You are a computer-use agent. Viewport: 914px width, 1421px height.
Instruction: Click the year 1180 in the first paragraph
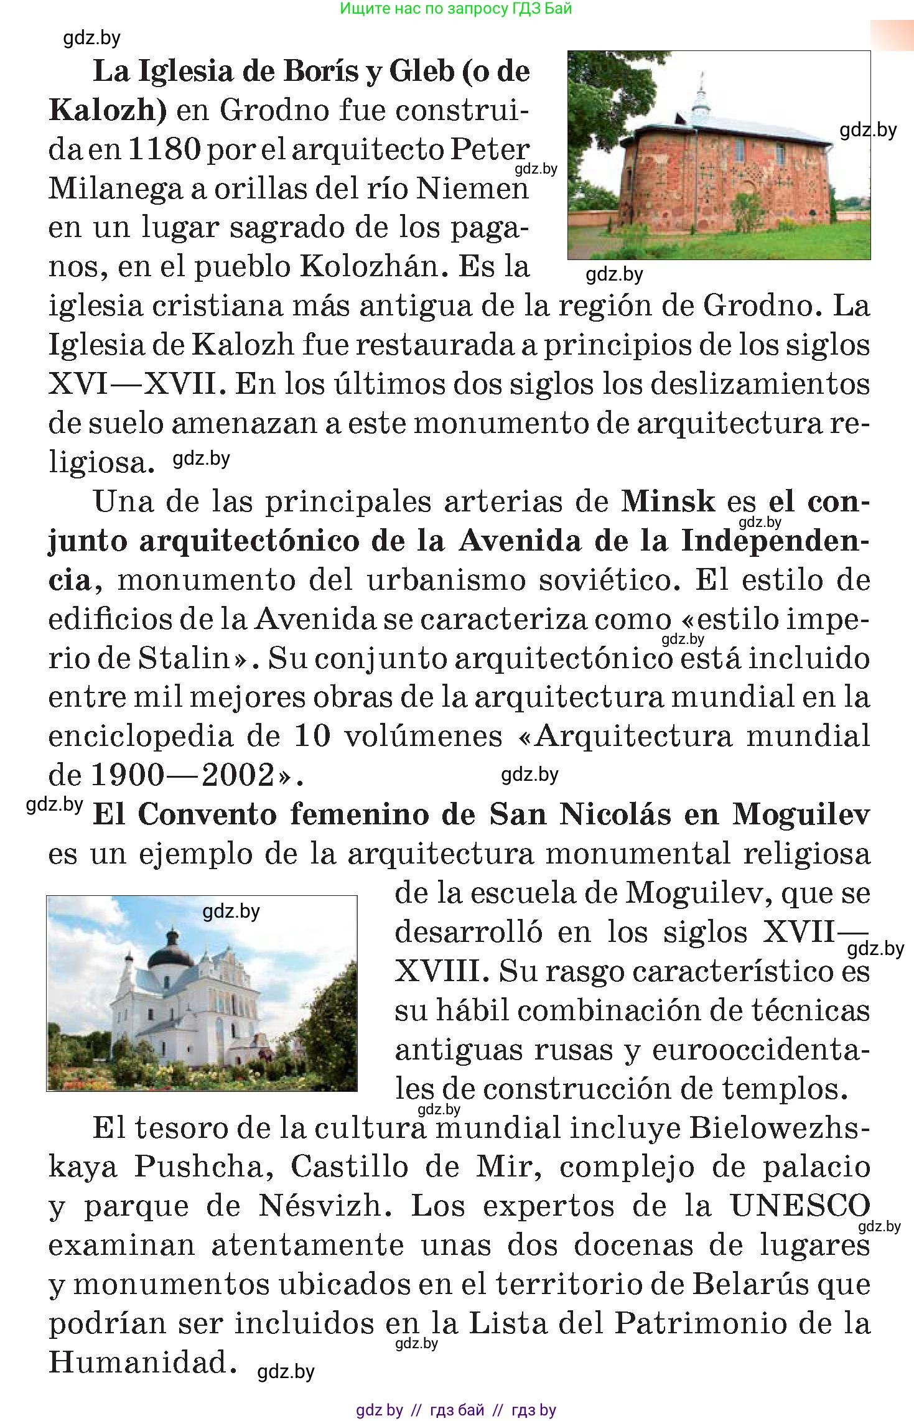coord(163,150)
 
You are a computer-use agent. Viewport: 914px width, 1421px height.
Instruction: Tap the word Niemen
coord(472,189)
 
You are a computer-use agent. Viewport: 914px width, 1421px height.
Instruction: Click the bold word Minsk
coord(668,501)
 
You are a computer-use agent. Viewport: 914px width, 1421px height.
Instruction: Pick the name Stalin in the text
coord(184,659)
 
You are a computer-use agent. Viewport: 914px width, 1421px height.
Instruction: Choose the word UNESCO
coord(800,1206)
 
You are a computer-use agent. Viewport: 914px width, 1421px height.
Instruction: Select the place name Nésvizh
coord(324,1206)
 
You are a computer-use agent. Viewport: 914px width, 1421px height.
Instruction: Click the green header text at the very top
coord(456,9)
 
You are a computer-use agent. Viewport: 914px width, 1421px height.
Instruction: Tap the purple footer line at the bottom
coord(456,1410)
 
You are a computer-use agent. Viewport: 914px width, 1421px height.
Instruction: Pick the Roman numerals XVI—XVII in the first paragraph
coord(134,384)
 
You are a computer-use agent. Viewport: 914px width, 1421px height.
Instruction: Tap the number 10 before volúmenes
coord(311,737)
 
